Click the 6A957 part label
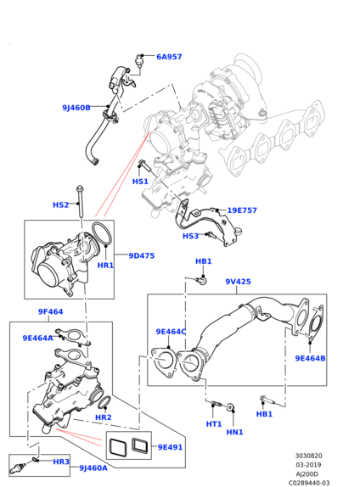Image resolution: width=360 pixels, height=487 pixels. pyautogui.click(x=169, y=57)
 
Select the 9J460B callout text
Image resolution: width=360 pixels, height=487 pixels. pyautogui.click(x=76, y=108)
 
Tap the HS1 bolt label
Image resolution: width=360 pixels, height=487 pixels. pyautogui.click(x=140, y=182)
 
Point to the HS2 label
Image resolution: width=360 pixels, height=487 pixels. pyautogui.click(x=60, y=205)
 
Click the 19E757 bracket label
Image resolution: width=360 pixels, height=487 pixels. pyautogui.click(x=242, y=210)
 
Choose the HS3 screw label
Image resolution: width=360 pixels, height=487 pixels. pyautogui.click(x=190, y=236)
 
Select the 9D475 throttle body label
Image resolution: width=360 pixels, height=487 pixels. pyautogui.click(x=142, y=255)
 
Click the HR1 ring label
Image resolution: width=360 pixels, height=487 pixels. pyautogui.click(x=105, y=266)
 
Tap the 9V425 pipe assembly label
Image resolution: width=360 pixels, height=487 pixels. pyautogui.click(x=238, y=282)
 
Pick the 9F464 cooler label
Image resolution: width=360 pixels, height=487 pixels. pyautogui.click(x=50, y=311)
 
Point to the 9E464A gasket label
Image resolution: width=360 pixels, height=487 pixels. pyautogui.click(x=37, y=338)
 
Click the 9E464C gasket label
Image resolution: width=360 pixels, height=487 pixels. pyautogui.click(x=171, y=332)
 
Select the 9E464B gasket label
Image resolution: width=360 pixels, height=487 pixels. pyautogui.click(x=310, y=358)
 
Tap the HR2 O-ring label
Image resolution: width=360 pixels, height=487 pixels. pyautogui.click(x=104, y=417)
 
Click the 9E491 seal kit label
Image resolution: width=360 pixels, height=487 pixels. pyautogui.click(x=170, y=447)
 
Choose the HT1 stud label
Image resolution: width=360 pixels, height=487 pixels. pyautogui.click(x=214, y=424)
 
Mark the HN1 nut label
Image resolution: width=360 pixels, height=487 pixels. pyautogui.click(x=234, y=432)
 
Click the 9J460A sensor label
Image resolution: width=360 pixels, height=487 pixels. pyautogui.click(x=93, y=467)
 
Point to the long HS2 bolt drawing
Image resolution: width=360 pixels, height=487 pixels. pyautogui.click(x=81, y=203)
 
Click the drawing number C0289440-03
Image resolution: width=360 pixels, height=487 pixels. pyautogui.click(x=309, y=483)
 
